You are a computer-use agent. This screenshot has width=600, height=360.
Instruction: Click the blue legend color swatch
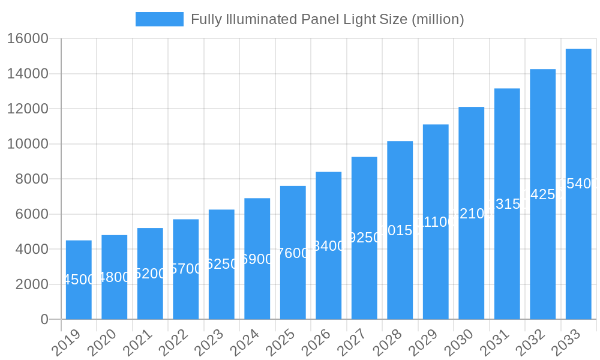coord(160,19)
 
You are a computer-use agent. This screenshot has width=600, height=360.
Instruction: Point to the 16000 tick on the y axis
coord(28,39)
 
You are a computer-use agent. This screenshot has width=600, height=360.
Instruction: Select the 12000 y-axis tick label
coord(28,109)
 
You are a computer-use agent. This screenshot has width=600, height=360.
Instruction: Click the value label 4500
coord(79,280)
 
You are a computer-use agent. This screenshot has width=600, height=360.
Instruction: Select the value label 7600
coord(293,253)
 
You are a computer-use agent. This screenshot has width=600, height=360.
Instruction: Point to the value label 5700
coord(186,269)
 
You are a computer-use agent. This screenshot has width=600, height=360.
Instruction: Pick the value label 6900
coord(257,259)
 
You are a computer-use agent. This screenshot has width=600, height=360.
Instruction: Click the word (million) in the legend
coord(438,19)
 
